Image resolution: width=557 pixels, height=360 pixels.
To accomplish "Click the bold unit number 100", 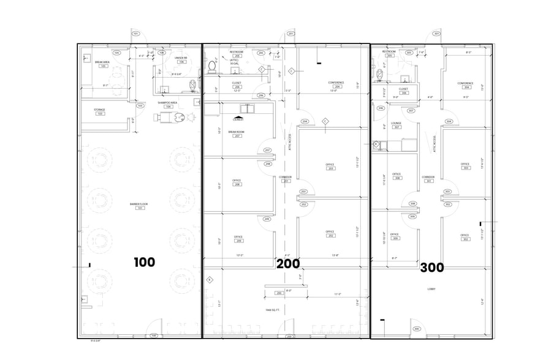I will click(x=145, y=263).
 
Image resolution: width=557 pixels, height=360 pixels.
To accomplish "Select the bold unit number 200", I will click(x=288, y=264).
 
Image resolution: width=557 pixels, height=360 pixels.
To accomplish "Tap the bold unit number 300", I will click(x=432, y=268).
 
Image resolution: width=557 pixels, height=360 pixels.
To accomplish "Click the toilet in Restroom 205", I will click(x=213, y=66).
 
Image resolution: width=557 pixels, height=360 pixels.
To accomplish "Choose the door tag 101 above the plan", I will click(x=135, y=34).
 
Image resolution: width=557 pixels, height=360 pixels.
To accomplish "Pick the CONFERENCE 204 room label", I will click(x=336, y=84).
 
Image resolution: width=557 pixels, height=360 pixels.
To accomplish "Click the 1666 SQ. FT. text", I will click(x=273, y=310).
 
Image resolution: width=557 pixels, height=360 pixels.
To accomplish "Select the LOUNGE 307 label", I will click(x=396, y=125).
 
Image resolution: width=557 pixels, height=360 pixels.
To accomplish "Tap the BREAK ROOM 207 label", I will click(x=237, y=133).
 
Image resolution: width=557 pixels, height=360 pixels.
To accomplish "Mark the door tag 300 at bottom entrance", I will click(x=417, y=329).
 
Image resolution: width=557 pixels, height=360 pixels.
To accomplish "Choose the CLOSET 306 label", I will click(x=396, y=91).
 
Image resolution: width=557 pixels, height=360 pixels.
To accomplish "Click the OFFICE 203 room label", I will click(x=330, y=166).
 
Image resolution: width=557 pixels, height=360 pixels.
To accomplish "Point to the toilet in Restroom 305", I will click(x=379, y=74).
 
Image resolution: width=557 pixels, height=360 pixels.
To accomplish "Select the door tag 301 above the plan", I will click(x=436, y=34).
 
